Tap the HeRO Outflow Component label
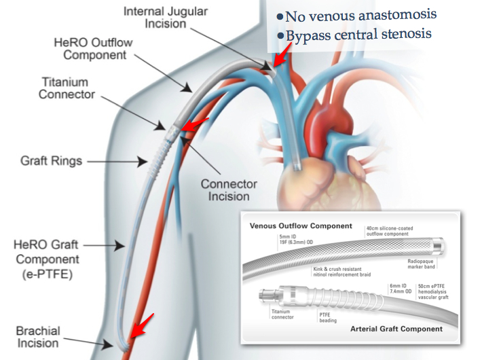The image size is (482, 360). tap(93, 48)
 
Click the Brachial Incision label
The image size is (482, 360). tap(38, 338)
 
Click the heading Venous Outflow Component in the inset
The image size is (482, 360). tap(301, 226)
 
